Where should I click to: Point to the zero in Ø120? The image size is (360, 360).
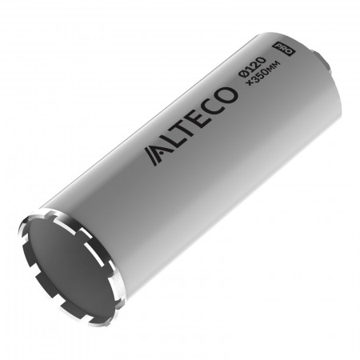261,60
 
